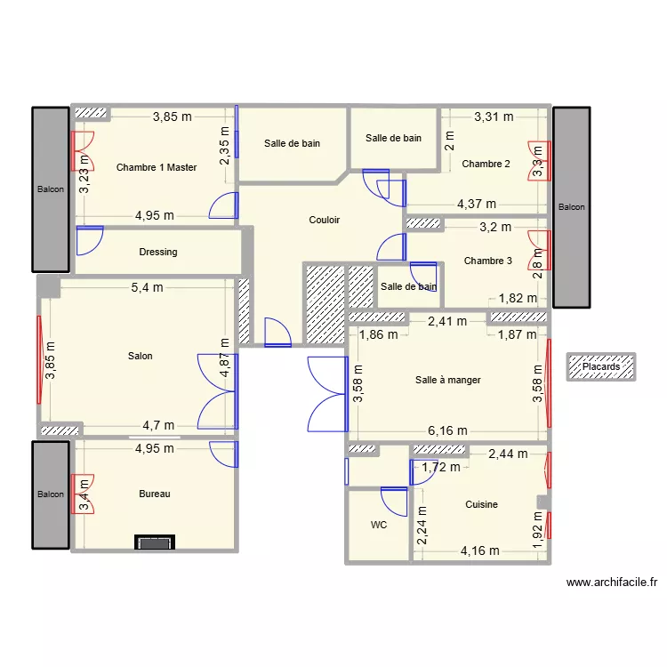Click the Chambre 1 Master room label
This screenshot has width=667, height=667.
(157, 167)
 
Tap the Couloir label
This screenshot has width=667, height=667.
(324, 220)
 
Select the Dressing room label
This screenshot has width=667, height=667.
(158, 252)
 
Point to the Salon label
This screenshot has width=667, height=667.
(141, 356)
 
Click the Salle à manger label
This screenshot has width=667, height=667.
(447, 380)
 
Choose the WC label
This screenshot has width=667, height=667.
(379, 525)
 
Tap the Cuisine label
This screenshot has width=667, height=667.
(481, 504)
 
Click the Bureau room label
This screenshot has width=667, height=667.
(154, 494)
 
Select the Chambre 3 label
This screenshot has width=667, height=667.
(488, 261)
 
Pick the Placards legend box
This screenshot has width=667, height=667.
(602, 366)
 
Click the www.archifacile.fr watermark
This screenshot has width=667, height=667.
(611, 583)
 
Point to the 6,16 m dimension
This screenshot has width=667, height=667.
(447, 430)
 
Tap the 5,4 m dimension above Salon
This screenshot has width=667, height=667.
(147, 287)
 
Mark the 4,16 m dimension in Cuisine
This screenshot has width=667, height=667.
(479, 551)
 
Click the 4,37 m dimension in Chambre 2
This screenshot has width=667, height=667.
(477, 204)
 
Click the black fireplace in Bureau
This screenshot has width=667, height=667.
(155, 542)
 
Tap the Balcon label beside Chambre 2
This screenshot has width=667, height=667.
(571, 206)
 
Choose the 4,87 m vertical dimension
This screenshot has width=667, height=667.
(226, 356)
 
